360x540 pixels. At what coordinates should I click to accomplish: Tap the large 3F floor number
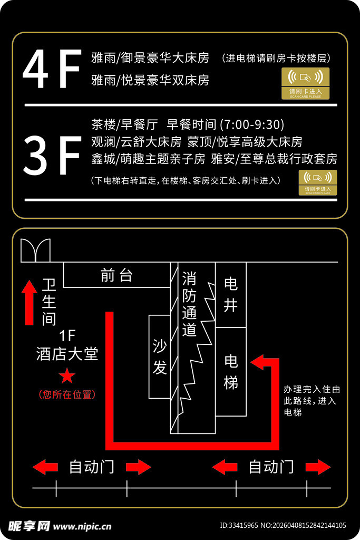[52, 156]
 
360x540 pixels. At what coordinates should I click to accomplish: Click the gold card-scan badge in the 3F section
[318, 182]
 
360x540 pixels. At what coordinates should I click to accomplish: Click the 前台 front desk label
[116, 275]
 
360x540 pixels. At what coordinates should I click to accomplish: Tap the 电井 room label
[231, 294]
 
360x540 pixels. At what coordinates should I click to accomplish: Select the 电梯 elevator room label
[231, 371]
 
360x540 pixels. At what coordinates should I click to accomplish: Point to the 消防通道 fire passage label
[189, 304]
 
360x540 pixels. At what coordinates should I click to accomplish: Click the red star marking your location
[67, 376]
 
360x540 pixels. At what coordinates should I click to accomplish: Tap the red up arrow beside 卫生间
[28, 303]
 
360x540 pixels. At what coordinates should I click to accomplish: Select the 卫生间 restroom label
[49, 302]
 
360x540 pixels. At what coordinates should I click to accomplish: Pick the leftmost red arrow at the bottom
[45, 467]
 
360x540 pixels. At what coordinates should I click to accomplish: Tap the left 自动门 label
[92, 467]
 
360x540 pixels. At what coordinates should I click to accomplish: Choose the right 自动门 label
[271, 467]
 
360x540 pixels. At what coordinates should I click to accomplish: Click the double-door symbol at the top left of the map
[35, 250]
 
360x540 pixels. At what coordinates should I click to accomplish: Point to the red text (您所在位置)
[67, 394]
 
